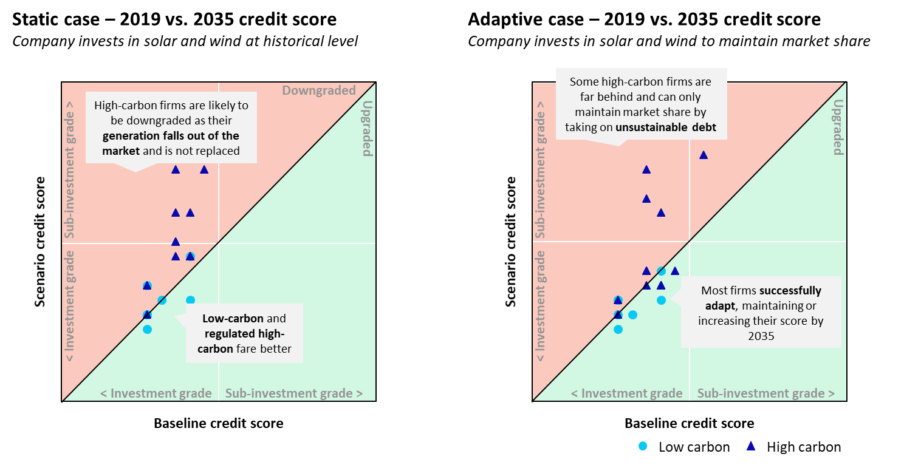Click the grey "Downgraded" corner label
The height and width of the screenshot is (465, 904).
tap(319, 90)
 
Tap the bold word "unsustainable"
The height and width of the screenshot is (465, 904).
tap(649, 127)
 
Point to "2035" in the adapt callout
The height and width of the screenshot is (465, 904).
tap(761, 335)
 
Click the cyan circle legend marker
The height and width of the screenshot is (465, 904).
tap(643, 446)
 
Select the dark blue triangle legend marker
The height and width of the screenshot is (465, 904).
tap(751, 446)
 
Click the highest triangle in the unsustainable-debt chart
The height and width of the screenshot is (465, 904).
tap(704, 155)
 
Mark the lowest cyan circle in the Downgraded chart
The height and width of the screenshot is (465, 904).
tap(147, 329)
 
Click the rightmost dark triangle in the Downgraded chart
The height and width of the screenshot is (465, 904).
tap(204, 169)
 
